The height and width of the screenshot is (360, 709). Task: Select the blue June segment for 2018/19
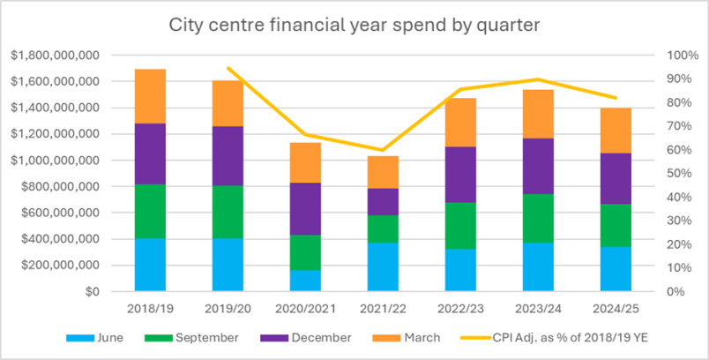150,265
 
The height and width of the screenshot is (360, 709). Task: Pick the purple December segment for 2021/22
383,202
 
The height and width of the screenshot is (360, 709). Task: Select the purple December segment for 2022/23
460,175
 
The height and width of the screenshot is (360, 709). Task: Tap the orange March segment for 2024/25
616,131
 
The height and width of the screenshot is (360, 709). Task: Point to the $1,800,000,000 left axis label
56,56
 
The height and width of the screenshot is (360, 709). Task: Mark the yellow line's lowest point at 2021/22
383,150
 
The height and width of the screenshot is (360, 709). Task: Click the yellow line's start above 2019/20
228,68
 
